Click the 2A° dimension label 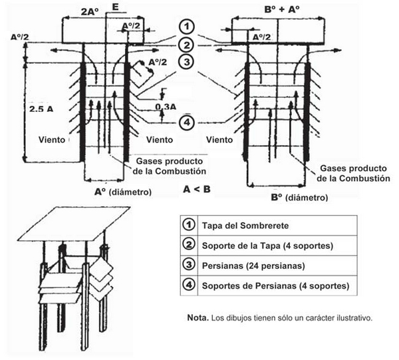[x=90, y=11]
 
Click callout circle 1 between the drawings [x=189, y=27]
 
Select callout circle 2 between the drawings [x=189, y=45]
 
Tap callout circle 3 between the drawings [x=189, y=62]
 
